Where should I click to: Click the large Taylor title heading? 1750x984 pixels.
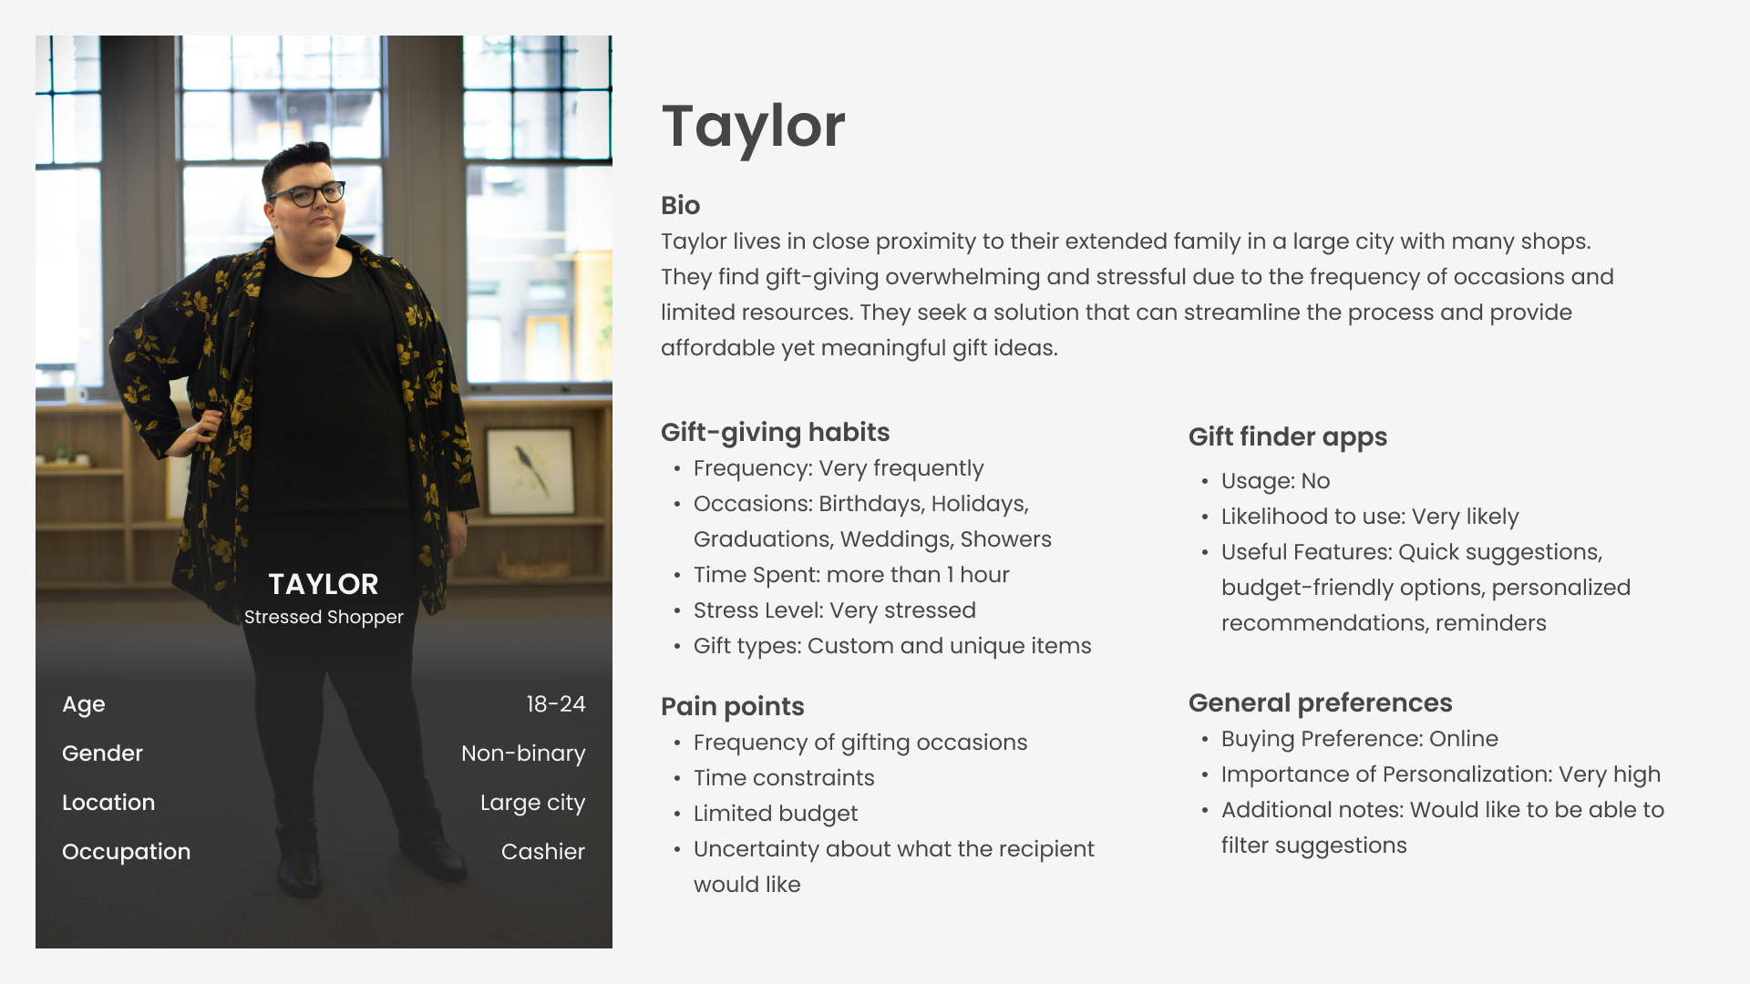pos(754,128)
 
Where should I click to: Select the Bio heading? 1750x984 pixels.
pos(681,206)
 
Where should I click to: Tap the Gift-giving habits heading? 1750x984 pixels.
pos(775,433)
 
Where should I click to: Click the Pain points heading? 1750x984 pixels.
pos(733,707)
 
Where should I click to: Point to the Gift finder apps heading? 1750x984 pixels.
pos(1288,437)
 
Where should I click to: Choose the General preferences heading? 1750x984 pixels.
pos(1321,703)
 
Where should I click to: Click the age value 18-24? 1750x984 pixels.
pos(556,704)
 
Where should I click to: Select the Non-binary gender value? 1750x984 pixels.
pos(523,753)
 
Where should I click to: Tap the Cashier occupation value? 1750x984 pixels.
pos(543,852)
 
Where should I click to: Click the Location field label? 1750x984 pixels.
pos(108,803)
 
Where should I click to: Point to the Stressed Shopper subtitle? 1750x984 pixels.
pos(324,617)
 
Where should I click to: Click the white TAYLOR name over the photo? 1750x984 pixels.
pos(324,584)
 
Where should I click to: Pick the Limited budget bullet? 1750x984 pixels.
pos(776,814)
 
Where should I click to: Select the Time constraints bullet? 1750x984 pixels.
pos(784,778)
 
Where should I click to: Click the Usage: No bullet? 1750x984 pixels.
pos(1275,481)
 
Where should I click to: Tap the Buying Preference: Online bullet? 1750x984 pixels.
pos(1360,739)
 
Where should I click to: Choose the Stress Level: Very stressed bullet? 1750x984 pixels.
pos(835,610)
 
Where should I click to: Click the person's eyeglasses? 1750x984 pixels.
pos(307,194)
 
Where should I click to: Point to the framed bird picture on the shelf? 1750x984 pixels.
pos(530,470)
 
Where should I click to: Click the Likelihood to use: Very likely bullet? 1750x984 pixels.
pos(1370,517)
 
